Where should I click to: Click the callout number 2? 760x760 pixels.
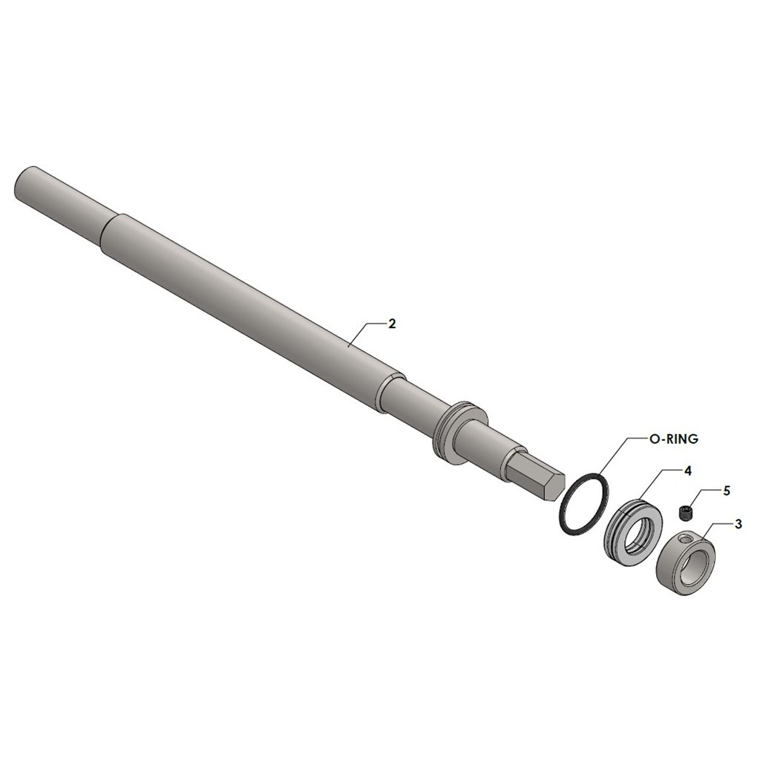pyautogui.click(x=392, y=324)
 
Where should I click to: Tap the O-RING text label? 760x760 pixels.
pyautogui.click(x=673, y=439)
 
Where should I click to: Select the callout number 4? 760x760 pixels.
pyautogui.click(x=687, y=471)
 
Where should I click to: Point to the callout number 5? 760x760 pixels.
pyautogui.click(x=726, y=491)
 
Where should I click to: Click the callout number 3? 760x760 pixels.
pyautogui.click(x=738, y=524)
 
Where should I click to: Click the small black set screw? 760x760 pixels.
pyautogui.click(x=685, y=513)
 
